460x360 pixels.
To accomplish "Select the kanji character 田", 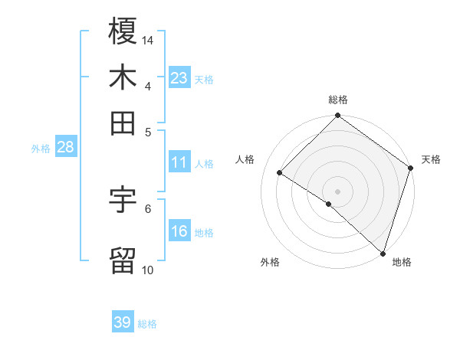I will (123, 122).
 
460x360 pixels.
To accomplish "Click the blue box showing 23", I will (179, 78).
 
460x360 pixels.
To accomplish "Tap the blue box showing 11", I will (179, 162).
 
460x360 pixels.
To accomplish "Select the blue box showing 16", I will (179, 232).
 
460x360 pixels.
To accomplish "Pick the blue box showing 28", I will (65, 148).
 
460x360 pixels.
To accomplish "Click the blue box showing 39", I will (123, 322).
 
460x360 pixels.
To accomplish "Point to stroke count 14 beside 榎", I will (148, 39).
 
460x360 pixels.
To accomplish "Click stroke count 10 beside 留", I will (148, 270).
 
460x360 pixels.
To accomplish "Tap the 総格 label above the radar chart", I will (338, 100).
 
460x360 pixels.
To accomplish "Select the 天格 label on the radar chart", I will (431, 159).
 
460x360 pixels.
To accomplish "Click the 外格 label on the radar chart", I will (270, 262).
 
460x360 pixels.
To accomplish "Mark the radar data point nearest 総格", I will (338, 117).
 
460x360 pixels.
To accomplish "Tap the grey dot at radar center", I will (338, 191).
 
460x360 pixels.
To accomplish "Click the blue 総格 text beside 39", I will (147, 324).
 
